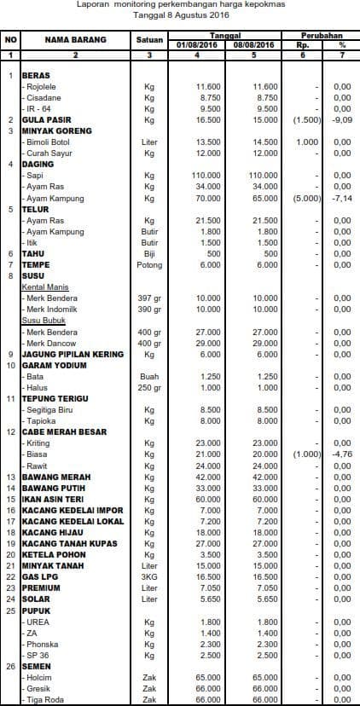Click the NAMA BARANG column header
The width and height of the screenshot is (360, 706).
[74, 39]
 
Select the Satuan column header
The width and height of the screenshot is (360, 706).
[149, 39]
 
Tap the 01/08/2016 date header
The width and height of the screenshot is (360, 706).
[197, 44]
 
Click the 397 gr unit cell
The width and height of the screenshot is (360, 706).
[149, 298]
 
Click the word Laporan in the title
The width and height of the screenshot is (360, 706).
[93, 4]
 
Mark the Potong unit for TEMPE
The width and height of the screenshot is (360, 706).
[149, 264]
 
